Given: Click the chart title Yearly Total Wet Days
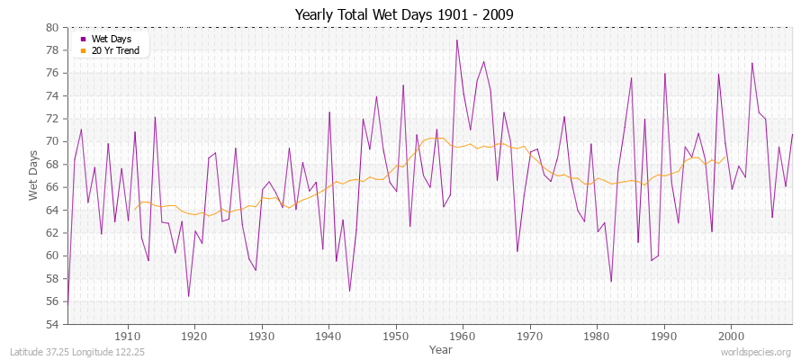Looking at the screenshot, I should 405,14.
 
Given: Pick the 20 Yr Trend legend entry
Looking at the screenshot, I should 114,50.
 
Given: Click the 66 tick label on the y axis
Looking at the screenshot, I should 52,187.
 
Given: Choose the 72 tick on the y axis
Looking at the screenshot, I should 52,119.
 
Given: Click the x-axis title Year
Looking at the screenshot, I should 441,348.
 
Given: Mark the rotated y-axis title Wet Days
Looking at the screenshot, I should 33,175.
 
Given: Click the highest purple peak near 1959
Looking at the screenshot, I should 457,40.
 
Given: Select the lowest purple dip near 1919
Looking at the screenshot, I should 189,296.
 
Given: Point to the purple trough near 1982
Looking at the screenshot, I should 611,282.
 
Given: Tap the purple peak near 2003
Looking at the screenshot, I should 751,63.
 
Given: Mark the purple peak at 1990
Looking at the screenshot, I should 664,74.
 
